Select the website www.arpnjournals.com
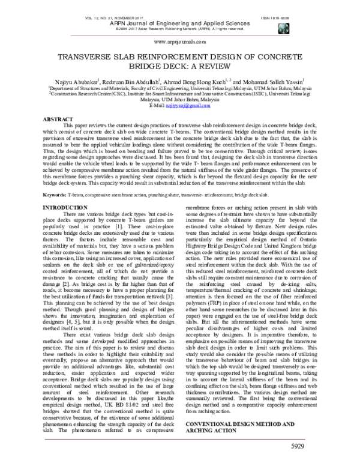coord(180,41)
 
